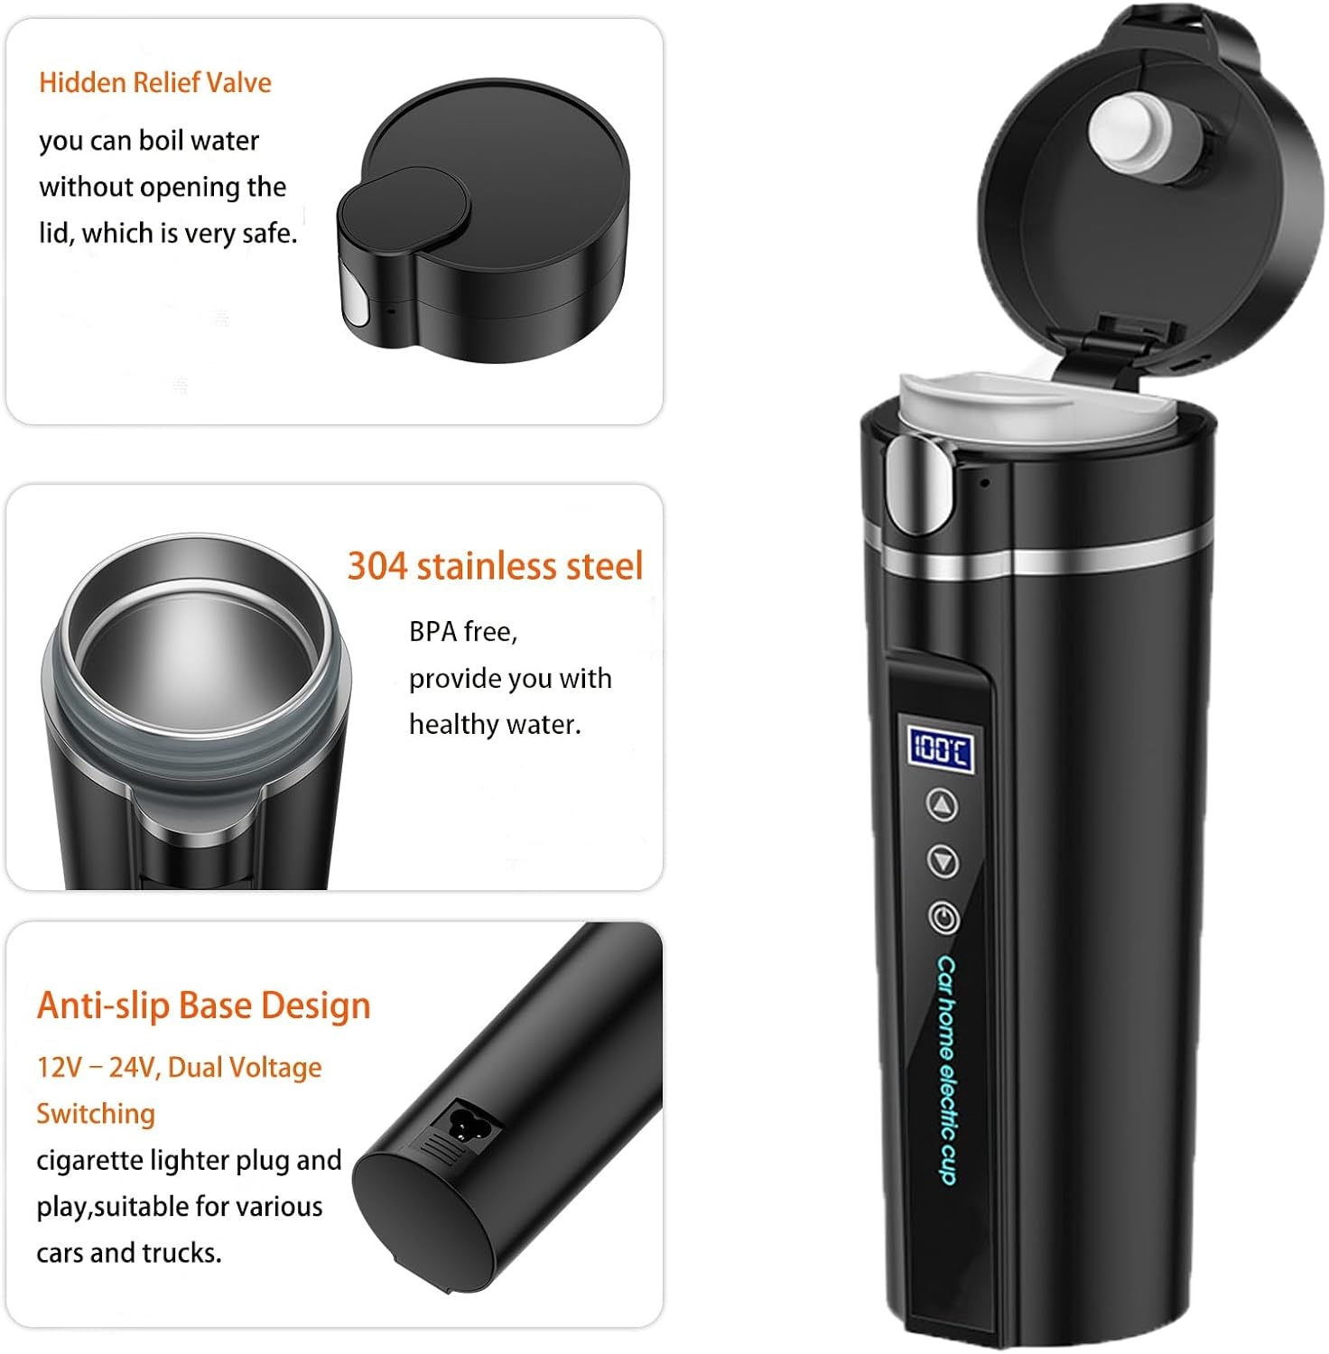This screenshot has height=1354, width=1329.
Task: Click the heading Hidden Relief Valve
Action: pyautogui.click(x=154, y=83)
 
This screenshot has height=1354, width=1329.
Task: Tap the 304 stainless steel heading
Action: pyautogui.click(x=495, y=566)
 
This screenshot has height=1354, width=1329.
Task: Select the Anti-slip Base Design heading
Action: pyautogui.click(x=203, y=1006)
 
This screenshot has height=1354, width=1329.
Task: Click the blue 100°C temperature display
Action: pyautogui.click(x=940, y=748)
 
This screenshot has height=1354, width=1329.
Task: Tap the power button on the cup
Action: pyautogui.click(x=943, y=918)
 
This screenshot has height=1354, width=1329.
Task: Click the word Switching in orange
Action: pyautogui.click(x=96, y=1114)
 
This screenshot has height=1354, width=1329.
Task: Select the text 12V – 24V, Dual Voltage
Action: pyautogui.click(x=179, y=1068)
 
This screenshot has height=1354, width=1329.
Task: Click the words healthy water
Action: pyautogui.click(x=495, y=724)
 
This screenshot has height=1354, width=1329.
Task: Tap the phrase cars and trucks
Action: pyautogui.click(x=128, y=1253)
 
